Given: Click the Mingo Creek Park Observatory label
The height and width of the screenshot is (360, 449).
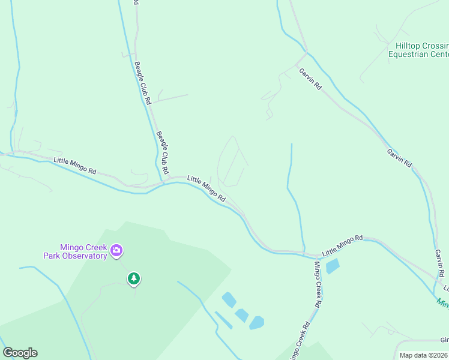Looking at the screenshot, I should point(74,251).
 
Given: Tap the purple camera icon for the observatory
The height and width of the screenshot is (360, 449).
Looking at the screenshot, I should point(116,250).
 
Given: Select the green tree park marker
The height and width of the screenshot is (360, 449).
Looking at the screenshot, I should point(134,278).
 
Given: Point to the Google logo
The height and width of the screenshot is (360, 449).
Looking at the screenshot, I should point(20,353).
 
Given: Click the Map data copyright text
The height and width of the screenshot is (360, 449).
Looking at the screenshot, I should point(423,355).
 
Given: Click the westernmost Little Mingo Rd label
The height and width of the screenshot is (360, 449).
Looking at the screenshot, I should point(74,166).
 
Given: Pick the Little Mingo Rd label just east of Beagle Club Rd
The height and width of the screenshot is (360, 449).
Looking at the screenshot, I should point(206,188).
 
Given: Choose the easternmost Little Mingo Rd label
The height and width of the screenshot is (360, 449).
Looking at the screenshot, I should point(342,245).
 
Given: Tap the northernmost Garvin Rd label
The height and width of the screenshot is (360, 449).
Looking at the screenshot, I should point(310,79).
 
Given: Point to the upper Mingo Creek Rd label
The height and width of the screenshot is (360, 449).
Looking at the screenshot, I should point(318,284).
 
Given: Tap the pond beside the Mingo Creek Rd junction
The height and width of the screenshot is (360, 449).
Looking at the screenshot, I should point(332,266).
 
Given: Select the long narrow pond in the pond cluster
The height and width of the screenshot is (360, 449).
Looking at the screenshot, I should point(224,320).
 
